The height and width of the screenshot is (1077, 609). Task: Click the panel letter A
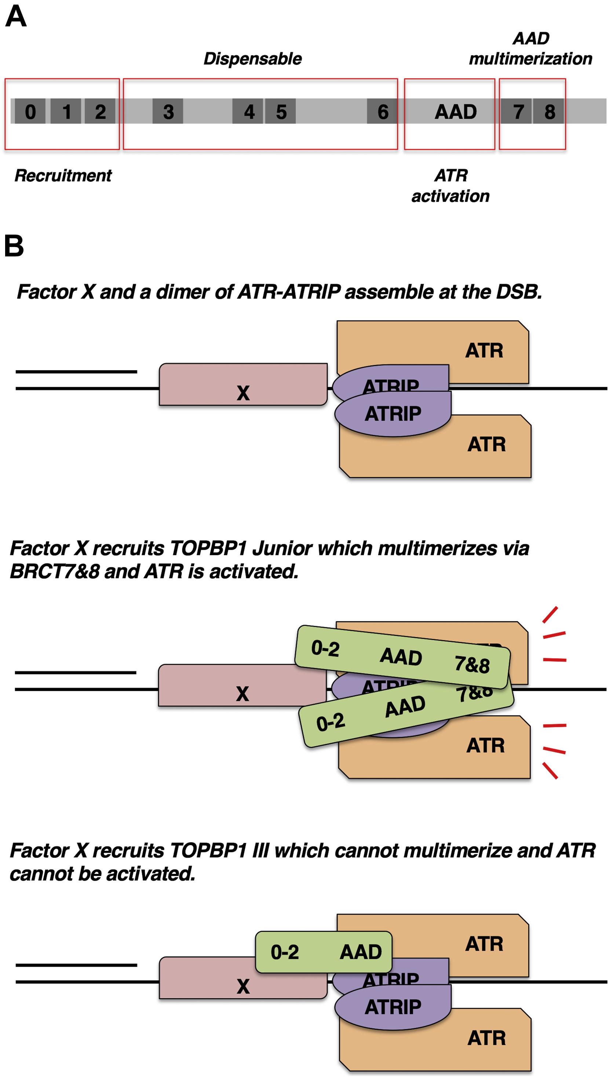coord(16,17)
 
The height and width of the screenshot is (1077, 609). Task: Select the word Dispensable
coord(252,59)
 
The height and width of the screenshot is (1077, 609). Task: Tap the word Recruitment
coord(63,176)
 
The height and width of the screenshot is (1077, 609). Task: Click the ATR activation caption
coord(451,185)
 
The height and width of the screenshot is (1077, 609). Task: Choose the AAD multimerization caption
coord(530,48)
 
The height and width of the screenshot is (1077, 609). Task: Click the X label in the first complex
coord(243,393)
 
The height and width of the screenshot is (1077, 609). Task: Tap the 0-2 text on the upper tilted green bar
coord(325,648)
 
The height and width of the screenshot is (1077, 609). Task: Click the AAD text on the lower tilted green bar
coord(405,706)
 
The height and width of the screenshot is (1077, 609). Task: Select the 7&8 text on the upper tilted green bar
coord(472,664)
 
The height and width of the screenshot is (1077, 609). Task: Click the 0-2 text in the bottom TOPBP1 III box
coord(285,952)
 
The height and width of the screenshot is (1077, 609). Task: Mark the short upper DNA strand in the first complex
coord(76,371)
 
